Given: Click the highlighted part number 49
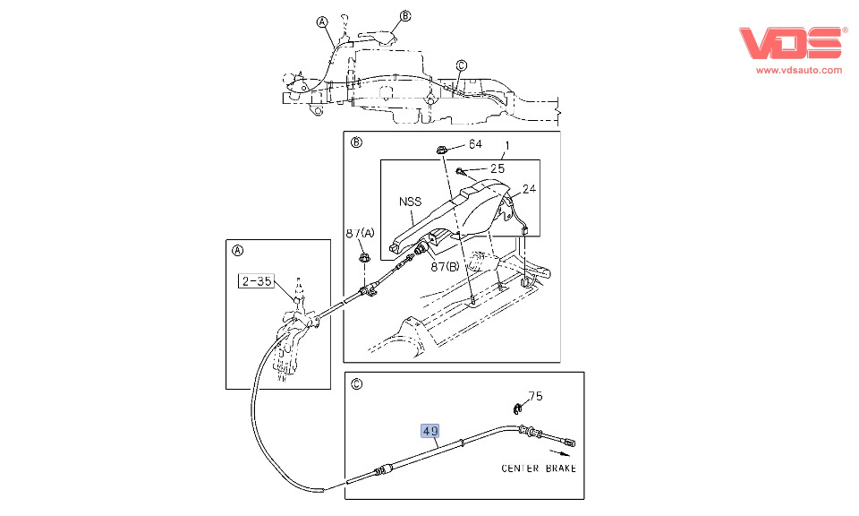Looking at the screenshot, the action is [430, 431].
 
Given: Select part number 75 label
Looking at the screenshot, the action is [535, 396].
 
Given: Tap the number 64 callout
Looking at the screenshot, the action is [475, 144].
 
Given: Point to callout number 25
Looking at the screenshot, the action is [498, 168].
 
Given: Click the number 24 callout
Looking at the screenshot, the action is [529, 189].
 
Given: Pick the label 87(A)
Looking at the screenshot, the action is [360, 233].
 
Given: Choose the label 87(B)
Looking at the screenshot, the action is [445, 267].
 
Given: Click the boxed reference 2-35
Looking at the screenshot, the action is [257, 281].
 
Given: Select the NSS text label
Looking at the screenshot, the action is [411, 202].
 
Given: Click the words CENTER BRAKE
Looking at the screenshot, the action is [539, 469].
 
